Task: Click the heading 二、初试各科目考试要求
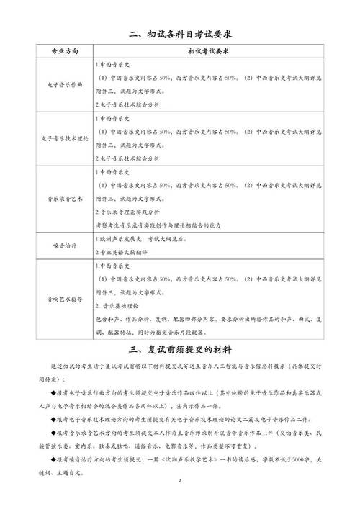179,33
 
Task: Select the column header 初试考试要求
208,53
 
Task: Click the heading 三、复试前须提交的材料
179,350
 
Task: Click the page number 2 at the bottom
179,480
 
